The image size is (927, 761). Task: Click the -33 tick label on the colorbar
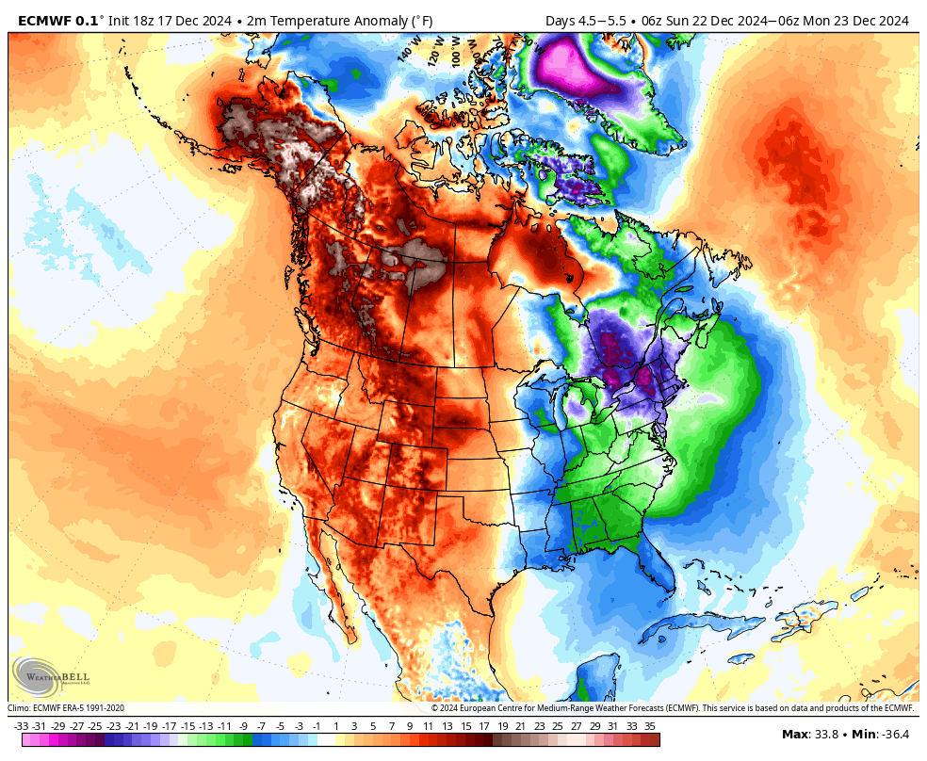coord(21,726)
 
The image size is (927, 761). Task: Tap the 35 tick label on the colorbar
coord(650,726)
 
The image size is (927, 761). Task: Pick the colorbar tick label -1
coord(317,726)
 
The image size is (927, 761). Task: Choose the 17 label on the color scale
coord(483,726)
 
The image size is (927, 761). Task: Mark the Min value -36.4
coord(895,734)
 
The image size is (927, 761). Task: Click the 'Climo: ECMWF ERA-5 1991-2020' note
coord(66,708)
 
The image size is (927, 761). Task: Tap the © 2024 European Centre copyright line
coord(672,708)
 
